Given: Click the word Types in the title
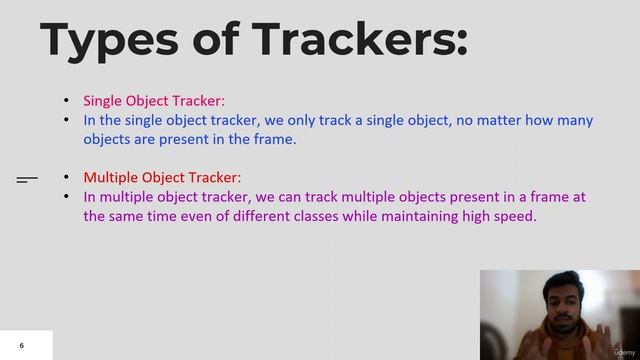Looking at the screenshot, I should pos(95,40).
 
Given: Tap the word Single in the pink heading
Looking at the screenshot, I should pos(103,100).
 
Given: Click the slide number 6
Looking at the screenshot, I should pos(21,346).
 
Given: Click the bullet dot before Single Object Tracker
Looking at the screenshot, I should pos(67,101).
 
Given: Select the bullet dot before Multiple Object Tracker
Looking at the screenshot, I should pos(67,177).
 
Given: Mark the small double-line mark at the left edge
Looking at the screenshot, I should pos(27,180).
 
